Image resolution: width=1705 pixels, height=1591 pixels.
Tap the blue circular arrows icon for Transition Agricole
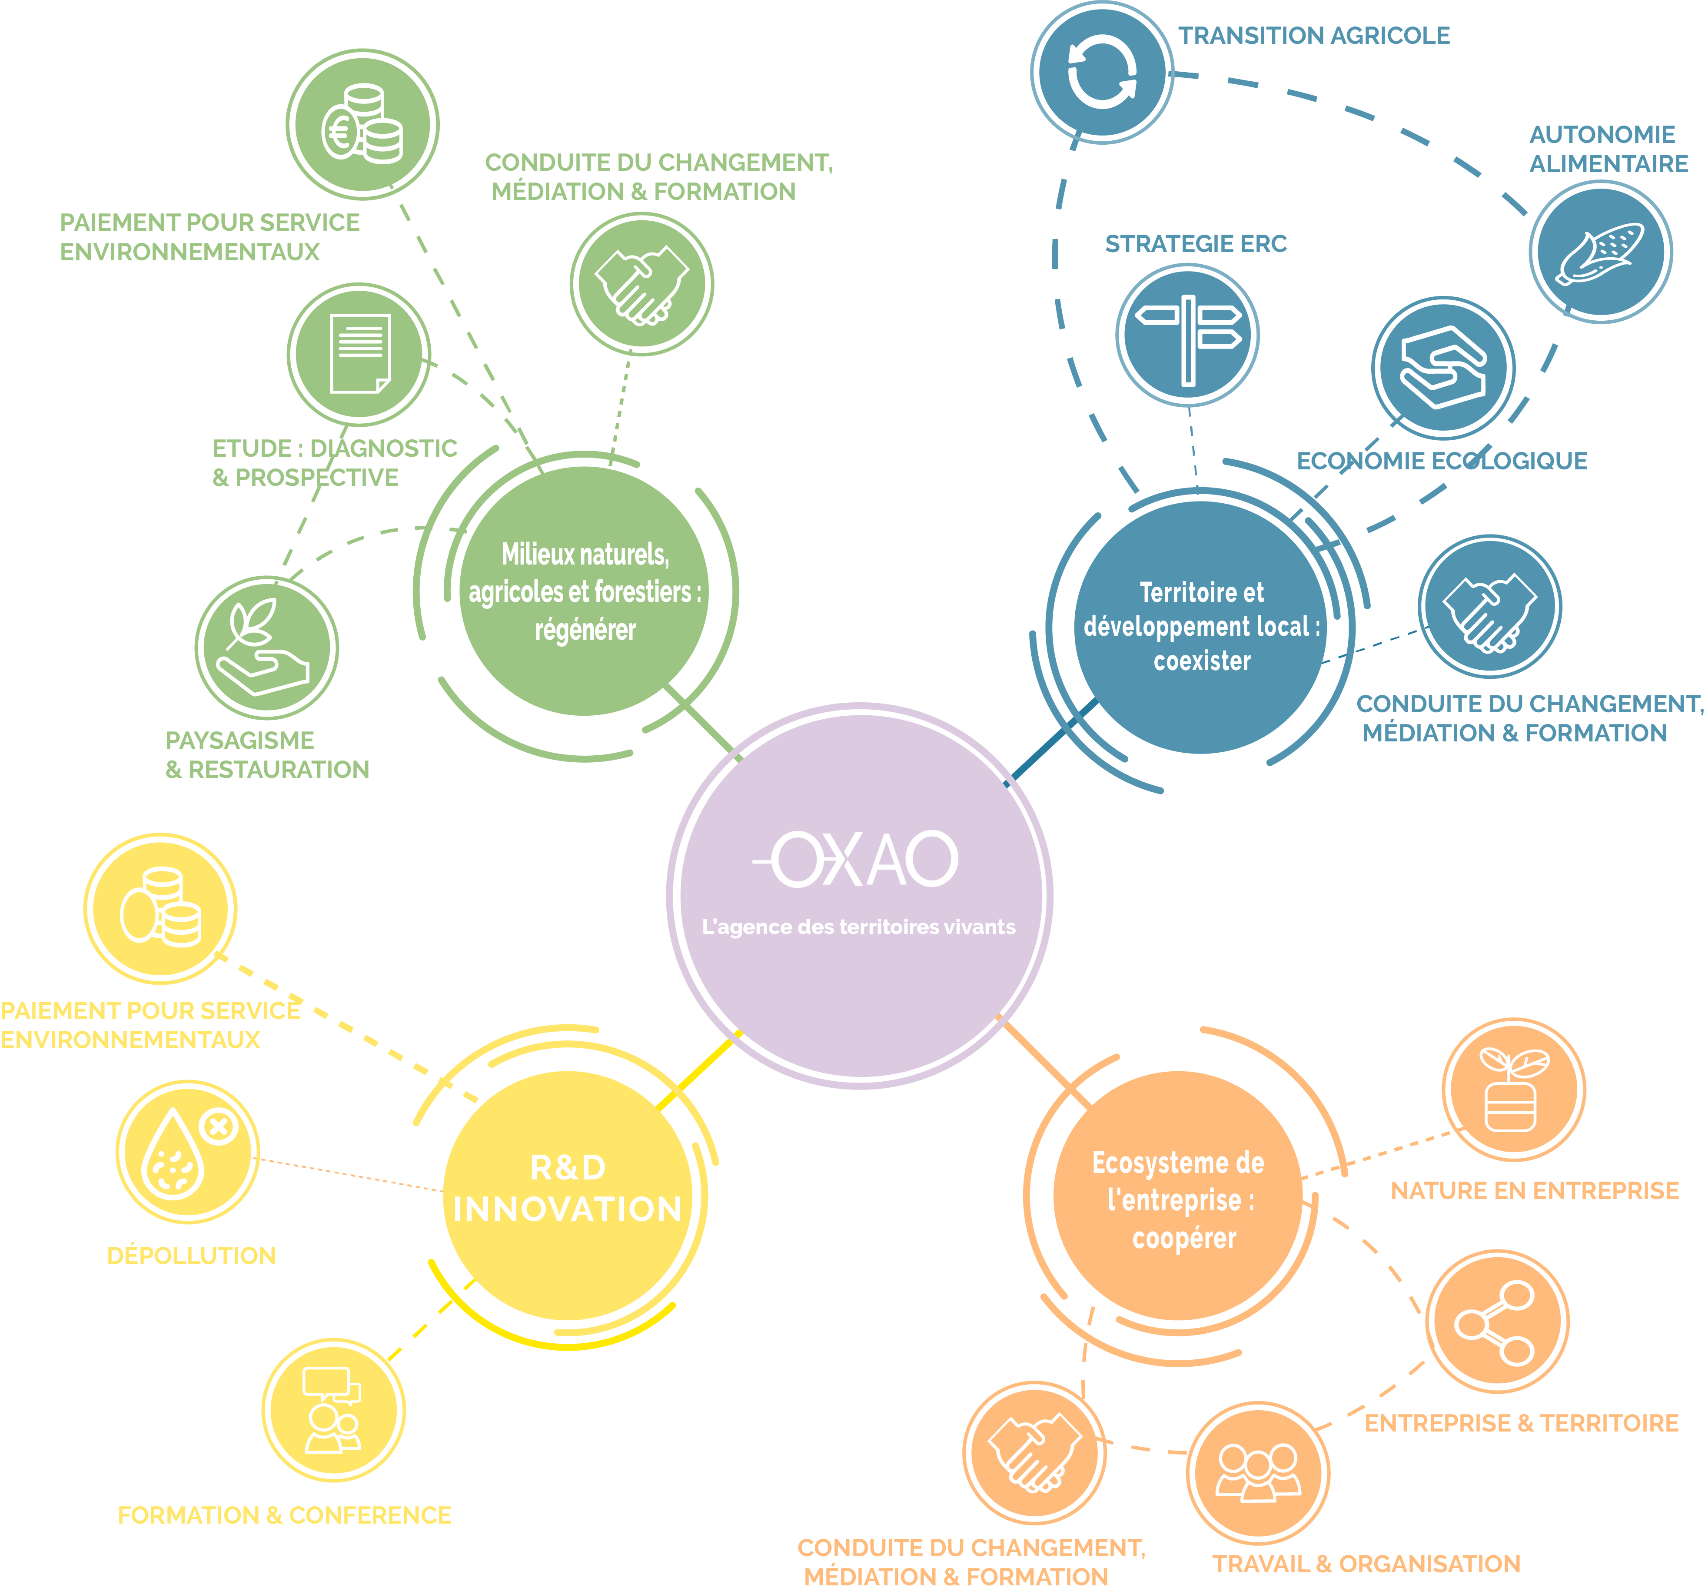(x=1102, y=72)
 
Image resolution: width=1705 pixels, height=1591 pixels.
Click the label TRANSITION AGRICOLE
(x=1314, y=36)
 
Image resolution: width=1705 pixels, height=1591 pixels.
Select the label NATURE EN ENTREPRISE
(x=1534, y=1190)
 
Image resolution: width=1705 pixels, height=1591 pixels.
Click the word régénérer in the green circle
(x=586, y=631)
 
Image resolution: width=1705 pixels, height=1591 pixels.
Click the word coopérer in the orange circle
(x=1184, y=1239)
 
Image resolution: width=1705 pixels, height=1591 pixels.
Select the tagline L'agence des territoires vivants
(x=858, y=927)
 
